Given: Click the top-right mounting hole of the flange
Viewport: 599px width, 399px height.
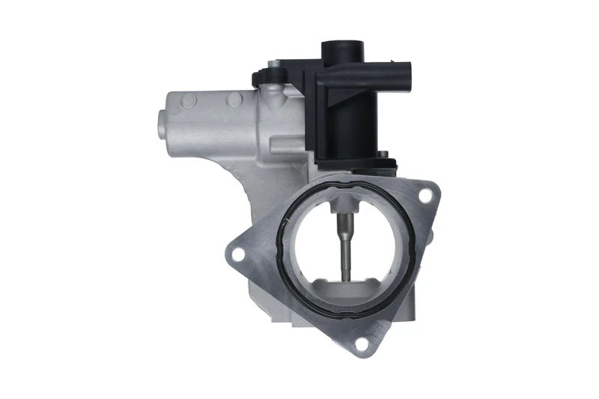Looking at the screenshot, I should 425,195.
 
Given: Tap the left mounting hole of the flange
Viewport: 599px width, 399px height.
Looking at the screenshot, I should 237,254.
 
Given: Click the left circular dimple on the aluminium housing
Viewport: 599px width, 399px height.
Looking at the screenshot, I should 189,100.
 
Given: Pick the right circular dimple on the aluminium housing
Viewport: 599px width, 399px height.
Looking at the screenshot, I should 234,99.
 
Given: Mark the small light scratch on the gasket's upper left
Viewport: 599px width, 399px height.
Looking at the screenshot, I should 285,222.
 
